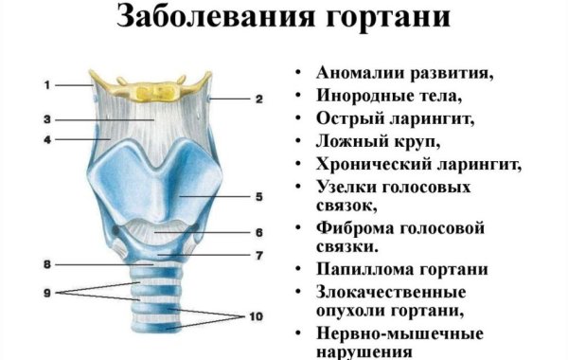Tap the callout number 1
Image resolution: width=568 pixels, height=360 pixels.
point(44,85)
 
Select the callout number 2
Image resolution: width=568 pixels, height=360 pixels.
point(258,99)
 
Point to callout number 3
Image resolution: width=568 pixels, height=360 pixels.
point(44,119)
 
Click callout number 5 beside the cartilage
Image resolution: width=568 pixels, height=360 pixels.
point(258,197)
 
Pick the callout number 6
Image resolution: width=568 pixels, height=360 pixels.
point(258,232)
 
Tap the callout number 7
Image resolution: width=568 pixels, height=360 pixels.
point(258,255)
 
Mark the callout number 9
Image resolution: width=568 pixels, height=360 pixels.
point(44,293)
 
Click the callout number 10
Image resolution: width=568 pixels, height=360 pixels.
point(256,316)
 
